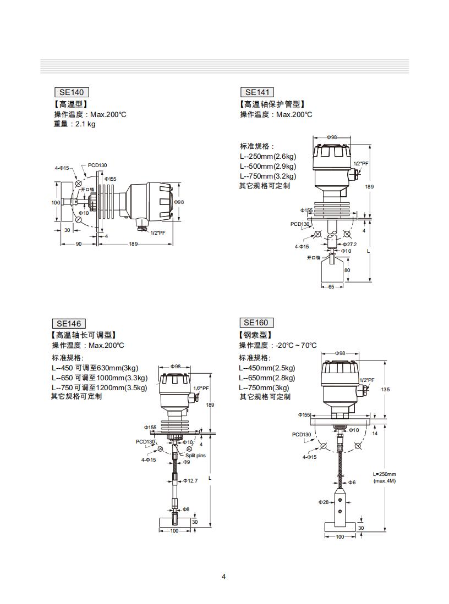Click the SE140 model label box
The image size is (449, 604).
tap(72, 92)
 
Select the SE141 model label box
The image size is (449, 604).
tap(257, 92)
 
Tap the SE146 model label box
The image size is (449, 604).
tap(69, 324)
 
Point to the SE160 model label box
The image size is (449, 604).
tap(256, 323)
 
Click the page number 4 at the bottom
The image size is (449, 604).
tap(223, 577)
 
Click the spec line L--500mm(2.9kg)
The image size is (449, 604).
tap(267, 166)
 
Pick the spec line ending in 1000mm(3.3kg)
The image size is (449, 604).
tap(100, 378)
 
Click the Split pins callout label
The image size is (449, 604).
tap(195, 456)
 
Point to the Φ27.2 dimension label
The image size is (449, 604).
tap(350, 244)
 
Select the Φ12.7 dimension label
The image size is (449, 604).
tap(190, 481)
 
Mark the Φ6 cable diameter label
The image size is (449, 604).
tap(351, 482)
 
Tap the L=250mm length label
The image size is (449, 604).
tap(385, 474)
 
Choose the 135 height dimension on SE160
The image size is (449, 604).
tap(385, 389)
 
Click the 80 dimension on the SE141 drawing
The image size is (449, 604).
tap(347, 270)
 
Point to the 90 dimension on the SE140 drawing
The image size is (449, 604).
tap(78, 244)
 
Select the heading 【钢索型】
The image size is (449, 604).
tap(256, 335)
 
